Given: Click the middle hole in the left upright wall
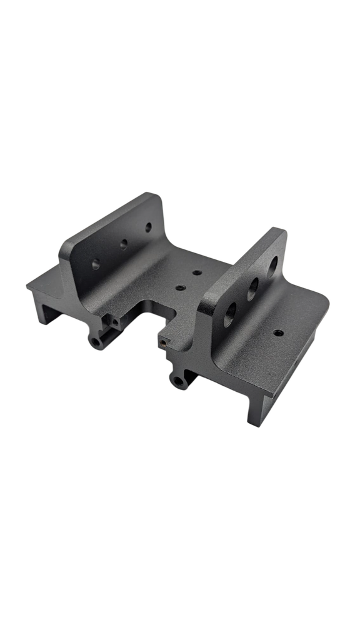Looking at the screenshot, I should pyautogui.click(x=124, y=244).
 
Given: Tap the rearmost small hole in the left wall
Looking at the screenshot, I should pyautogui.click(x=149, y=227).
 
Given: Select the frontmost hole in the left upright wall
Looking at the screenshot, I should pyautogui.click(x=96, y=264).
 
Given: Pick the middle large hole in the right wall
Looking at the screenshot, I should pyautogui.click(x=253, y=287).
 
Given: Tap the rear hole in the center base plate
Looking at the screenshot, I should pyautogui.click(x=197, y=273).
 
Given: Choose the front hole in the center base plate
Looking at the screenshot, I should pyautogui.click(x=181, y=288).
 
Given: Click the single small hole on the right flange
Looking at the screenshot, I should pyautogui.click(x=278, y=332).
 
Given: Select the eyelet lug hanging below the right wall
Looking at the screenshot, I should pyautogui.click(x=180, y=381).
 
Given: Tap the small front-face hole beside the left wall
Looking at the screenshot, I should pyautogui.click(x=116, y=322).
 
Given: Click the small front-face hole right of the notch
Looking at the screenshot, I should pyautogui.click(x=163, y=342).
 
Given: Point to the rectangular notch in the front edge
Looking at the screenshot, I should pyautogui.click(x=150, y=312).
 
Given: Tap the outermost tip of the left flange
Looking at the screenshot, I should pyautogui.click(x=28, y=287).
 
